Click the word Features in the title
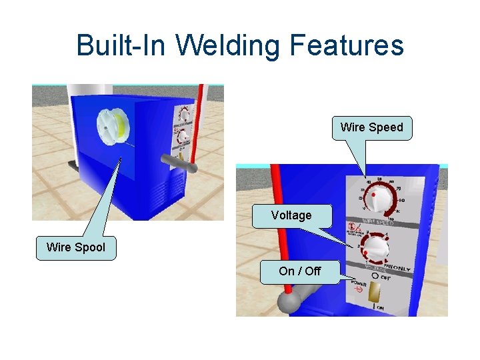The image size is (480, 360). tap(347, 45)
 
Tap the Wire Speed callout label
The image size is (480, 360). tap(371, 127)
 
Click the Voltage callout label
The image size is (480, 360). tap(291, 215)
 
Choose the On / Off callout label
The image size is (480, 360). tap(300, 271)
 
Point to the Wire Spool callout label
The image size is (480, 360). tap(75, 247)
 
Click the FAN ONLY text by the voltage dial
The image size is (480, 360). tap(398, 268)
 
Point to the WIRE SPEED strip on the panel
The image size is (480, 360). tap(377, 221)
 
